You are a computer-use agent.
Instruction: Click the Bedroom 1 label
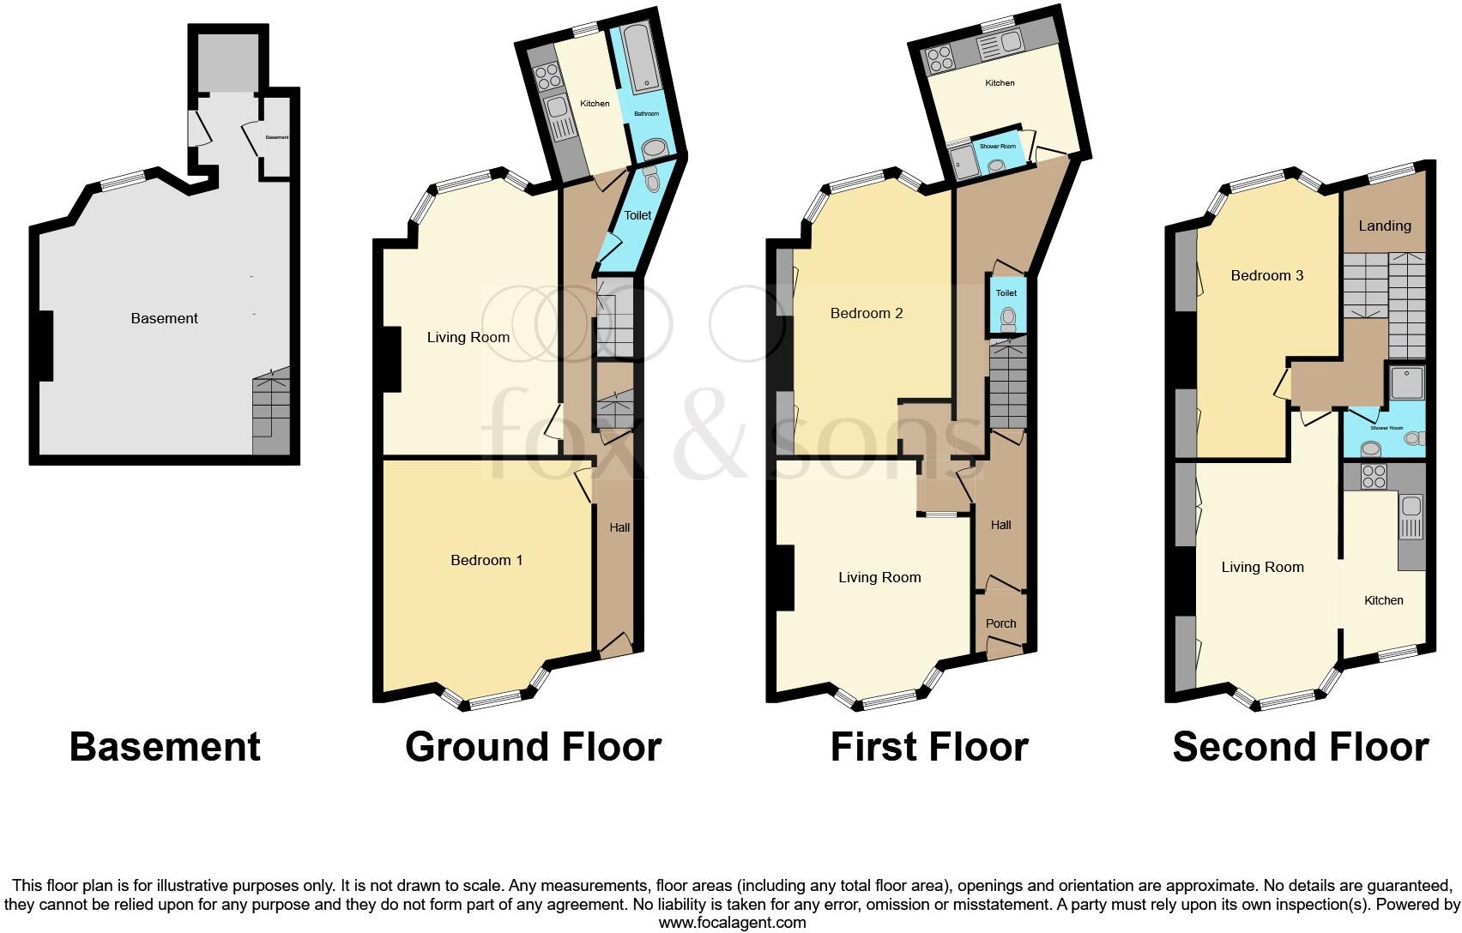tap(486, 560)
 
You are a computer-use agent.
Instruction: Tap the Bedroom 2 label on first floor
tap(867, 313)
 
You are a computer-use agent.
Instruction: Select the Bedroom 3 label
tap(1266, 275)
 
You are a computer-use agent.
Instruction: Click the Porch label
tap(1000, 623)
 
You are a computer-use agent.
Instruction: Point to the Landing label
tap(1384, 226)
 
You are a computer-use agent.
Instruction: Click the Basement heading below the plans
tap(165, 747)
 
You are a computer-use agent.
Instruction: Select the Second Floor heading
tap(1300, 747)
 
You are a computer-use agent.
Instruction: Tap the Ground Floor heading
tap(533, 747)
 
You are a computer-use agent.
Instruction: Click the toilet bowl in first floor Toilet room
tap(1007, 319)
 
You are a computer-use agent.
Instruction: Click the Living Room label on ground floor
tap(468, 337)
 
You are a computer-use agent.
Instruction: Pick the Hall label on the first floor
tap(1000, 525)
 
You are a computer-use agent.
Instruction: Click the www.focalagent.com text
tap(732, 923)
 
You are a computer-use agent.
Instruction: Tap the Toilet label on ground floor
tap(637, 215)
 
